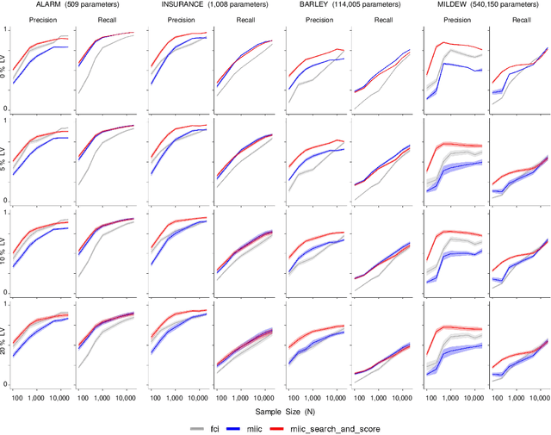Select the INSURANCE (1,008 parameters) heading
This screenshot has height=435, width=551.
click(213, 6)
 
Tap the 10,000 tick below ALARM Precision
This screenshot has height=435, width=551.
click(61, 398)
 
